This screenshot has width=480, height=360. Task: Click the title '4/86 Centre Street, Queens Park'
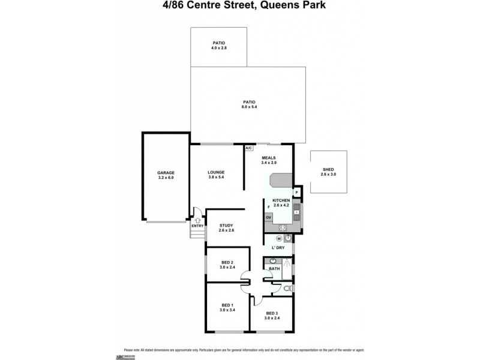pyautogui.click(x=240, y=7)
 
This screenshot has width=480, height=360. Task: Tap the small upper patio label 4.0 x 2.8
pyautogui.click(x=218, y=45)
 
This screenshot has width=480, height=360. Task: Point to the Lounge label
pyautogui.click(x=216, y=175)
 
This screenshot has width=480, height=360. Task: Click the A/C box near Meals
pyautogui.click(x=249, y=148)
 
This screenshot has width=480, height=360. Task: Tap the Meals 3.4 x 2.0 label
pyautogui.click(x=268, y=160)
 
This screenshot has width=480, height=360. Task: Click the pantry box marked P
pyautogui.click(x=296, y=192)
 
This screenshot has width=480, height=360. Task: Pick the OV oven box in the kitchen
pyautogui.click(x=269, y=217)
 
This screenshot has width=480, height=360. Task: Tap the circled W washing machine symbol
pyautogui.click(x=279, y=238)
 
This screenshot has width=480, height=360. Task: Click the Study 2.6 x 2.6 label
pyautogui.click(x=226, y=227)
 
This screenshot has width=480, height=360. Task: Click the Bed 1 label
pyautogui.click(x=226, y=308)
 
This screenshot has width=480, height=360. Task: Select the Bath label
pyautogui.click(x=274, y=269)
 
